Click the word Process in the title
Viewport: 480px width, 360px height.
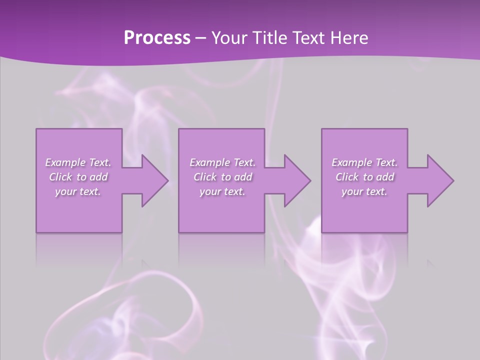[x=157, y=38]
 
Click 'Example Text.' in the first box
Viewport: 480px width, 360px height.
[x=78, y=162]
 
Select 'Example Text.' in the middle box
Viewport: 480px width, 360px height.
[x=222, y=162]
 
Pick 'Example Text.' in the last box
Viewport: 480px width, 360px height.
[x=364, y=162]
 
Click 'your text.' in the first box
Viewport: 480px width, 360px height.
[x=78, y=191]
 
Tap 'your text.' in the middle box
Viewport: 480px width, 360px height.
[x=222, y=191]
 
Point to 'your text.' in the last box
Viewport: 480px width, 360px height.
[x=364, y=191]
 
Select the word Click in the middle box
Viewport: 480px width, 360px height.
[x=205, y=177]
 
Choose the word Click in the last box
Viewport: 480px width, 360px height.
[x=347, y=177]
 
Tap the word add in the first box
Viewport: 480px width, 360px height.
[x=99, y=177]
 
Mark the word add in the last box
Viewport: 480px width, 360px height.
[x=385, y=177]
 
